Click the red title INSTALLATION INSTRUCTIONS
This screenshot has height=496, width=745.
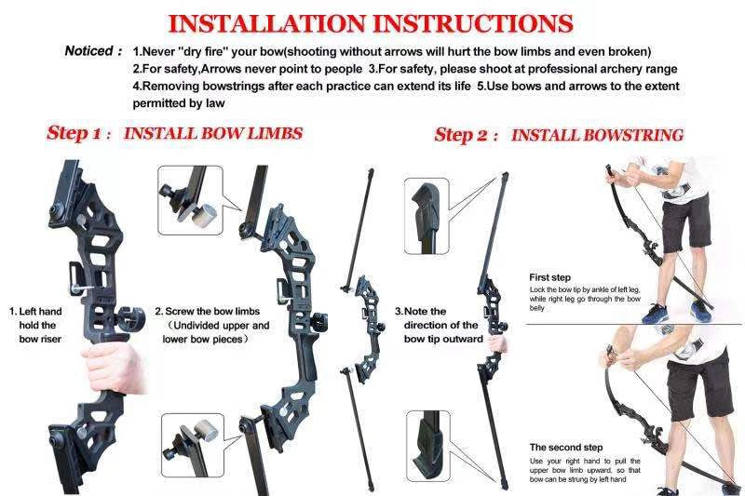point(370,22)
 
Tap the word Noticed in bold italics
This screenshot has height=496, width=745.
point(89,50)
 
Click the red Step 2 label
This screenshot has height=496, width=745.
point(467,135)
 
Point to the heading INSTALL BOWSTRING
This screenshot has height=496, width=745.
point(597,135)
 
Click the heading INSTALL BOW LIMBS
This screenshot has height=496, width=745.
point(212,133)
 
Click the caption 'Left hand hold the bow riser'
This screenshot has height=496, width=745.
point(36,326)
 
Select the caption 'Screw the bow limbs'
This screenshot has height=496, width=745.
point(211,326)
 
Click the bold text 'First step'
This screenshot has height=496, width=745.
point(549,277)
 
